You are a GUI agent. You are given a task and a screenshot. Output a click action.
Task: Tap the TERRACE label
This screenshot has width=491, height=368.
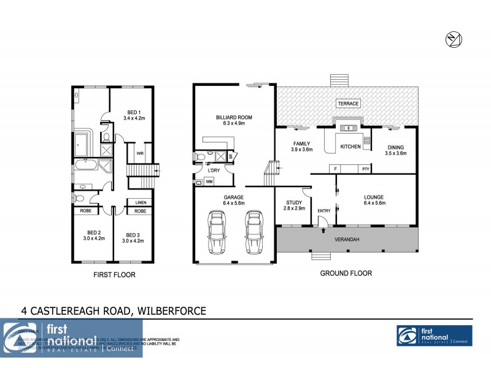pos(348,104)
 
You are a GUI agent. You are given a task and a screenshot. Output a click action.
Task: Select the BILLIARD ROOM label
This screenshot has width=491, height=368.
pos(234,117)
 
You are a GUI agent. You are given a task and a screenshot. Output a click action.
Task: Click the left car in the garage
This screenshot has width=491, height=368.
pos(216,232)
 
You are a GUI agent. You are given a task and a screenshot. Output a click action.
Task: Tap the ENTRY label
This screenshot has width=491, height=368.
pos(323,211)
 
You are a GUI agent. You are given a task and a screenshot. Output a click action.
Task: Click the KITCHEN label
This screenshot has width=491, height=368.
pos(350,147)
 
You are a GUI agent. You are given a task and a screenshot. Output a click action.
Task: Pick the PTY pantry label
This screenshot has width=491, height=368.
pos(365,168)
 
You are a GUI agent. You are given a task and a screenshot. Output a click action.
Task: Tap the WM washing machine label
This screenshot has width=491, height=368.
pos(209,182)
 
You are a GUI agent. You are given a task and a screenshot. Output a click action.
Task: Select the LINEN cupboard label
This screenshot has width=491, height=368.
pos(140,202)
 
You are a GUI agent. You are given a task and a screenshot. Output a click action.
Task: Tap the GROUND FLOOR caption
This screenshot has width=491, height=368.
pos(346,274)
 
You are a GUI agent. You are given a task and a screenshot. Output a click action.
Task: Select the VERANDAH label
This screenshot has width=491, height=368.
pos(347,239)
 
